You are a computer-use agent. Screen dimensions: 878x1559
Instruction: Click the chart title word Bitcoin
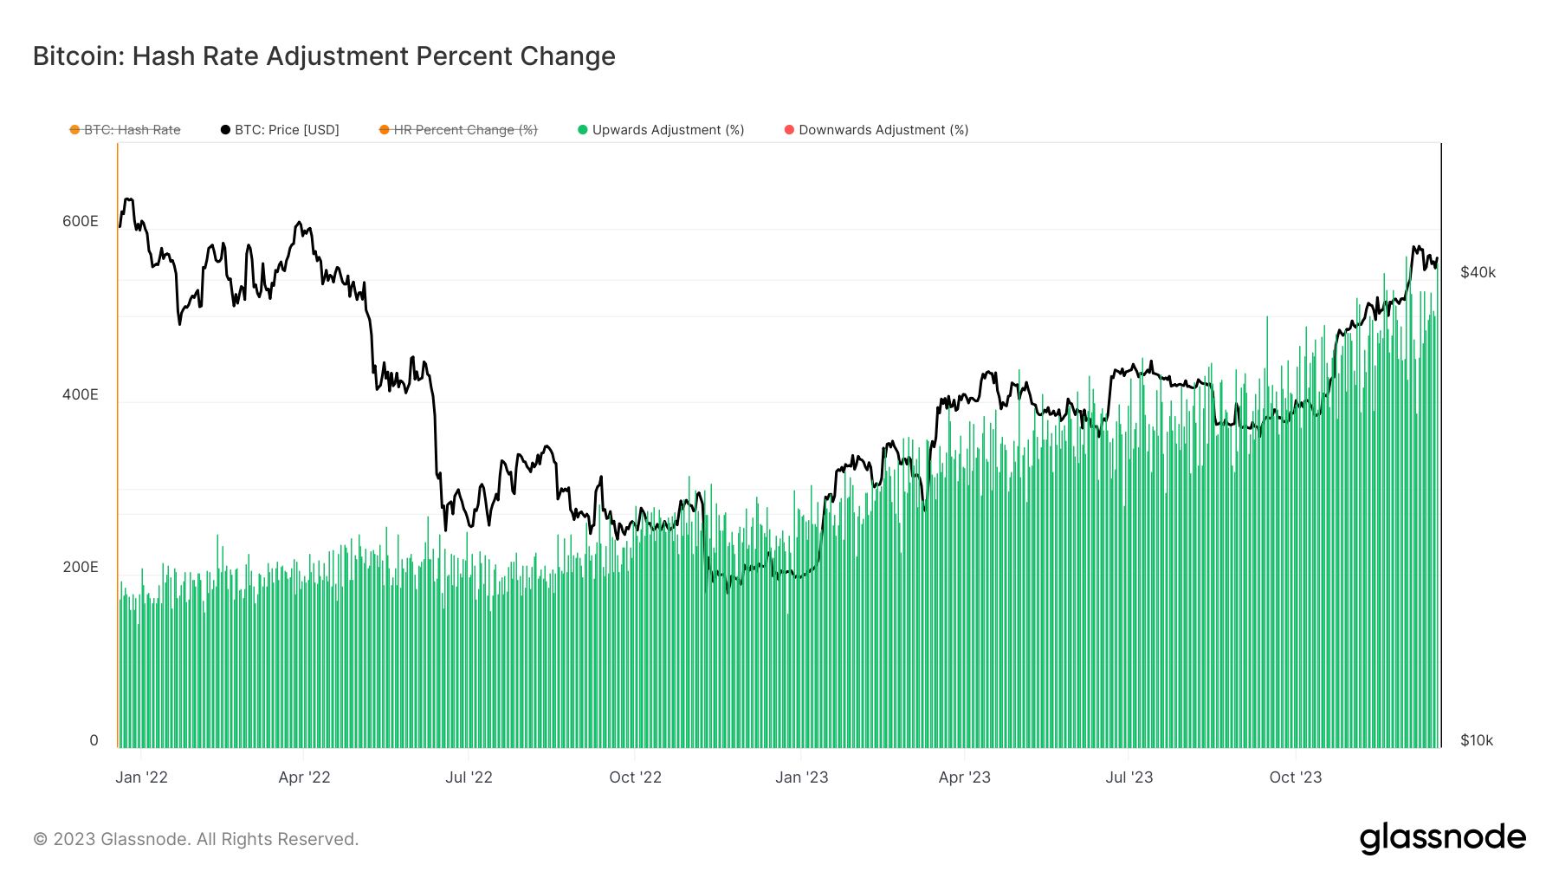[77, 56]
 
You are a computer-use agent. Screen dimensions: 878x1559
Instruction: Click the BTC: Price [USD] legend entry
[287, 130]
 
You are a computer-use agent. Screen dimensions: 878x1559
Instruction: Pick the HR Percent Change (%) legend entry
[465, 130]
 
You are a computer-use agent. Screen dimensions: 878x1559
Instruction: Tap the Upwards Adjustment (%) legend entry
[668, 130]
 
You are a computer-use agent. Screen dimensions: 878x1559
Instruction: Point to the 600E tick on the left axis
[81, 221]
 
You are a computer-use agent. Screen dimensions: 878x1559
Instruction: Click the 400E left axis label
[81, 394]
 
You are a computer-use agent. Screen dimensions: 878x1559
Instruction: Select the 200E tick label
[81, 567]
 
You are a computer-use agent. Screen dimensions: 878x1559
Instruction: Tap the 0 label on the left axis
[94, 740]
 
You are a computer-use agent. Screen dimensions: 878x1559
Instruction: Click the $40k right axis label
[1478, 272]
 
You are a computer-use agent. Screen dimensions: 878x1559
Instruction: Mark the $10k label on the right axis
[1477, 740]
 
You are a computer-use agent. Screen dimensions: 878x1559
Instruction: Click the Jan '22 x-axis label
[141, 777]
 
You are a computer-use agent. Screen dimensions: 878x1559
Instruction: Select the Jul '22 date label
[469, 777]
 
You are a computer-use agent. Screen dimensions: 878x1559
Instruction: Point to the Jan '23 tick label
[801, 777]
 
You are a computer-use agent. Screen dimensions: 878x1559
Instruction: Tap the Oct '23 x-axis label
[1295, 777]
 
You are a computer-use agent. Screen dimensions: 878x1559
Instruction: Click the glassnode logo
[1442, 838]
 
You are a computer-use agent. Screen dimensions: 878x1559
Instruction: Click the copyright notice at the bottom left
[196, 839]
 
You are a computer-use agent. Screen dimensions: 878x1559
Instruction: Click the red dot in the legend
[789, 130]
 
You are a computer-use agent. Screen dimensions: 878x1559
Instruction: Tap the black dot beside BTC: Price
[225, 130]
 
